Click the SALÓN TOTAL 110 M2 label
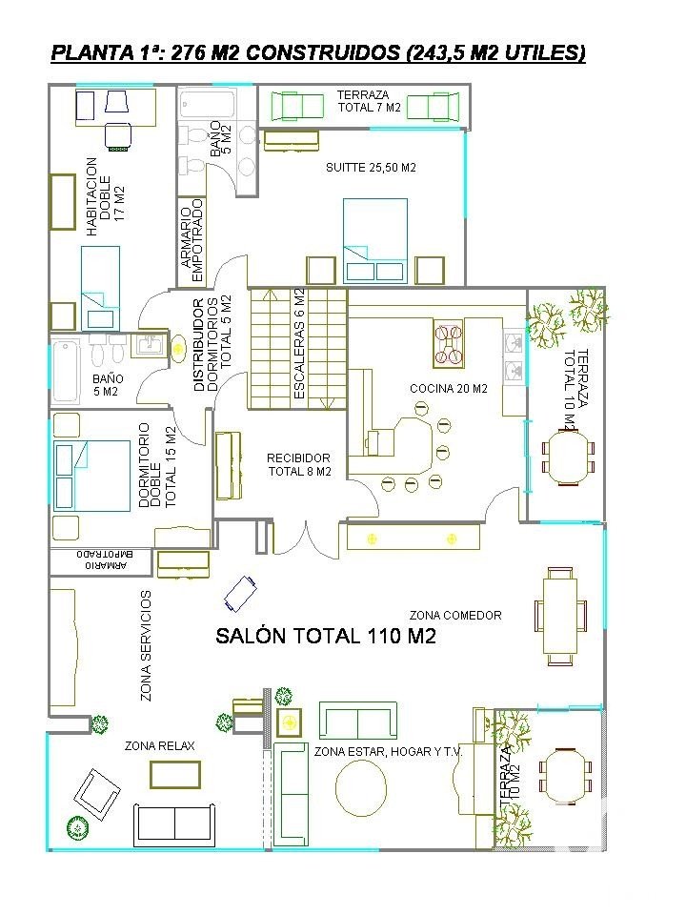pyautogui.click(x=326, y=636)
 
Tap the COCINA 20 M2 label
pyautogui.click(x=448, y=389)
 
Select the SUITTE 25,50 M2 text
pyautogui.click(x=371, y=168)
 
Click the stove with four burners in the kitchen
pyautogui.click(x=448, y=343)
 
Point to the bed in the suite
pyautogui.click(x=375, y=240)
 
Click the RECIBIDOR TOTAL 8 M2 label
pyautogui.click(x=299, y=464)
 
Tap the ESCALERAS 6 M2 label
pyautogui.click(x=299, y=344)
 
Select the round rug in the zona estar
pyautogui.click(x=361, y=787)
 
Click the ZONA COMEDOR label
pyautogui.click(x=455, y=615)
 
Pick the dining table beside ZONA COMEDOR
pyautogui.click(x=560, y=616)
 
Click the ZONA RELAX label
pyautogui.click(x=159, y=745)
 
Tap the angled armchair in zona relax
pyautogui.click(x=97, y=791)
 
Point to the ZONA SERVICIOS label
pyautogui.click(x=146, y=645)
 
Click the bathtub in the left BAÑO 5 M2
pyautogui.click(x=65, y=371)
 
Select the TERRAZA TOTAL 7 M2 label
pyautogui.click(x=369, y=101)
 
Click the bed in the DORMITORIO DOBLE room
pyautogui.click(x=91, y=476)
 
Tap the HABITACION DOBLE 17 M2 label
pyautogui.click(x=105, y=196)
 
